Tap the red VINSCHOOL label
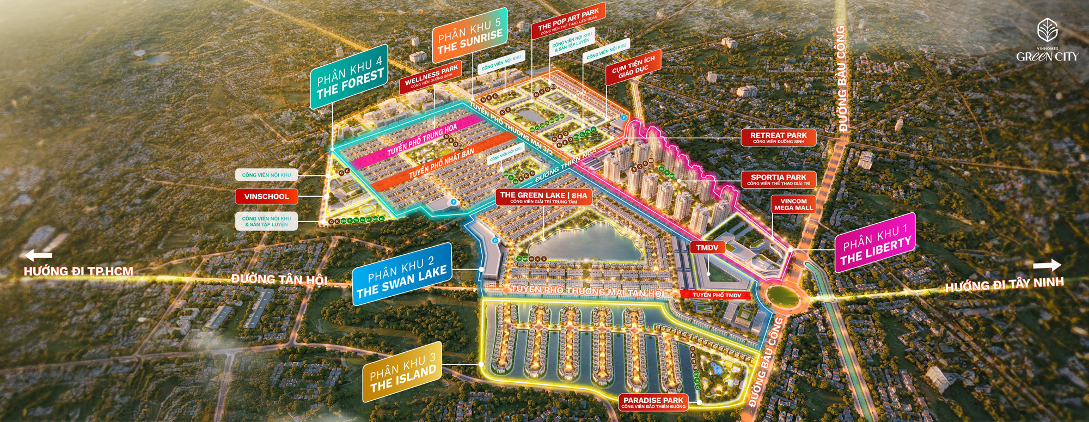[x=266, y=197]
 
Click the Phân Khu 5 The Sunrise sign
[x=469, y=35]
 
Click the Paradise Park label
[x=653, y=402]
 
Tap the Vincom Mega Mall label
[x=793, y=204]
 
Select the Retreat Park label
[x=778, y=138]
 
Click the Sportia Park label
[x=778, y=180]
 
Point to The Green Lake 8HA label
[x=543, y=197]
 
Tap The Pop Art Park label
[x=568, y=21]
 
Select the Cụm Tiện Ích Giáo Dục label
[x=633, y=68]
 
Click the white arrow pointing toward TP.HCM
[x=38, y=255]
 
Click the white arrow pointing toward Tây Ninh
[x=1047, y=265]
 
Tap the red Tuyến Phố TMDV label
[x=717, y=295]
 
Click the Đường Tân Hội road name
[x=279, y=279]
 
